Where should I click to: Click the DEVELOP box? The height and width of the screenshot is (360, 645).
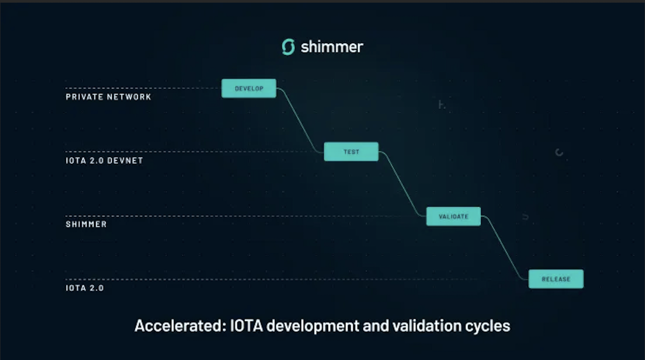[249, 88]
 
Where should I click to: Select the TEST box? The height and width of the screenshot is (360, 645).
[351, 152]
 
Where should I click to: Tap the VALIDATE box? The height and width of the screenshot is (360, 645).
[453, 216]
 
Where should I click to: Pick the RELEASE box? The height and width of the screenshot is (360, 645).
[556, 279]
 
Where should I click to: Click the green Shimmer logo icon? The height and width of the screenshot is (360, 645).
[288, 47]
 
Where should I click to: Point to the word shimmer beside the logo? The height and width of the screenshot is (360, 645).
[332, 47]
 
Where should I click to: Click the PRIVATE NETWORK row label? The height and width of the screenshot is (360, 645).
[108, 97]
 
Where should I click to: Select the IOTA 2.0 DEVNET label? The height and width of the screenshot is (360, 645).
[104, 160]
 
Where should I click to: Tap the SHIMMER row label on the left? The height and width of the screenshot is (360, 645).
[86, 224]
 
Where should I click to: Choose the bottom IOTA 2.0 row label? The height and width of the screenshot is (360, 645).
[85, 288]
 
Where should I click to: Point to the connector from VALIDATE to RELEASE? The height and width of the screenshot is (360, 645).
[505, 247]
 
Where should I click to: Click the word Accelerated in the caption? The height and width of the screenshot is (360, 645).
[180, 325]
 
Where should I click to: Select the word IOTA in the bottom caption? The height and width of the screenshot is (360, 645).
[246, 325]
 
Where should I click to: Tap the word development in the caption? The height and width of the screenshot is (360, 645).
[313, 326]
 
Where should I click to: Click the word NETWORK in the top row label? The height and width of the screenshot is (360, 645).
[129, 97]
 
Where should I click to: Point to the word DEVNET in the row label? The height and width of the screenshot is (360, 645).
[125, 160]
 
